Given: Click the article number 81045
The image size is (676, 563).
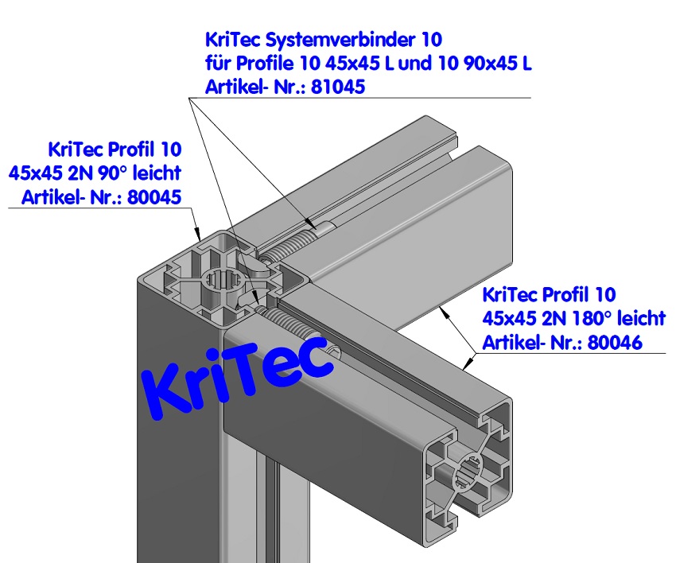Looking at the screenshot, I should [336, 87].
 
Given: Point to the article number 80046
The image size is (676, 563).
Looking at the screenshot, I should [614, 343].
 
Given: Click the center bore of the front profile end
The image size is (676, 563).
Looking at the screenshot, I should [468, 476].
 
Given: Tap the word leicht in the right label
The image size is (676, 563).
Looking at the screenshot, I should [640, 319].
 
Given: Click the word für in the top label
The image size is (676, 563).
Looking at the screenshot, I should [220, 63].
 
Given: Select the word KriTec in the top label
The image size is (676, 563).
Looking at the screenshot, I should [232, 38].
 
